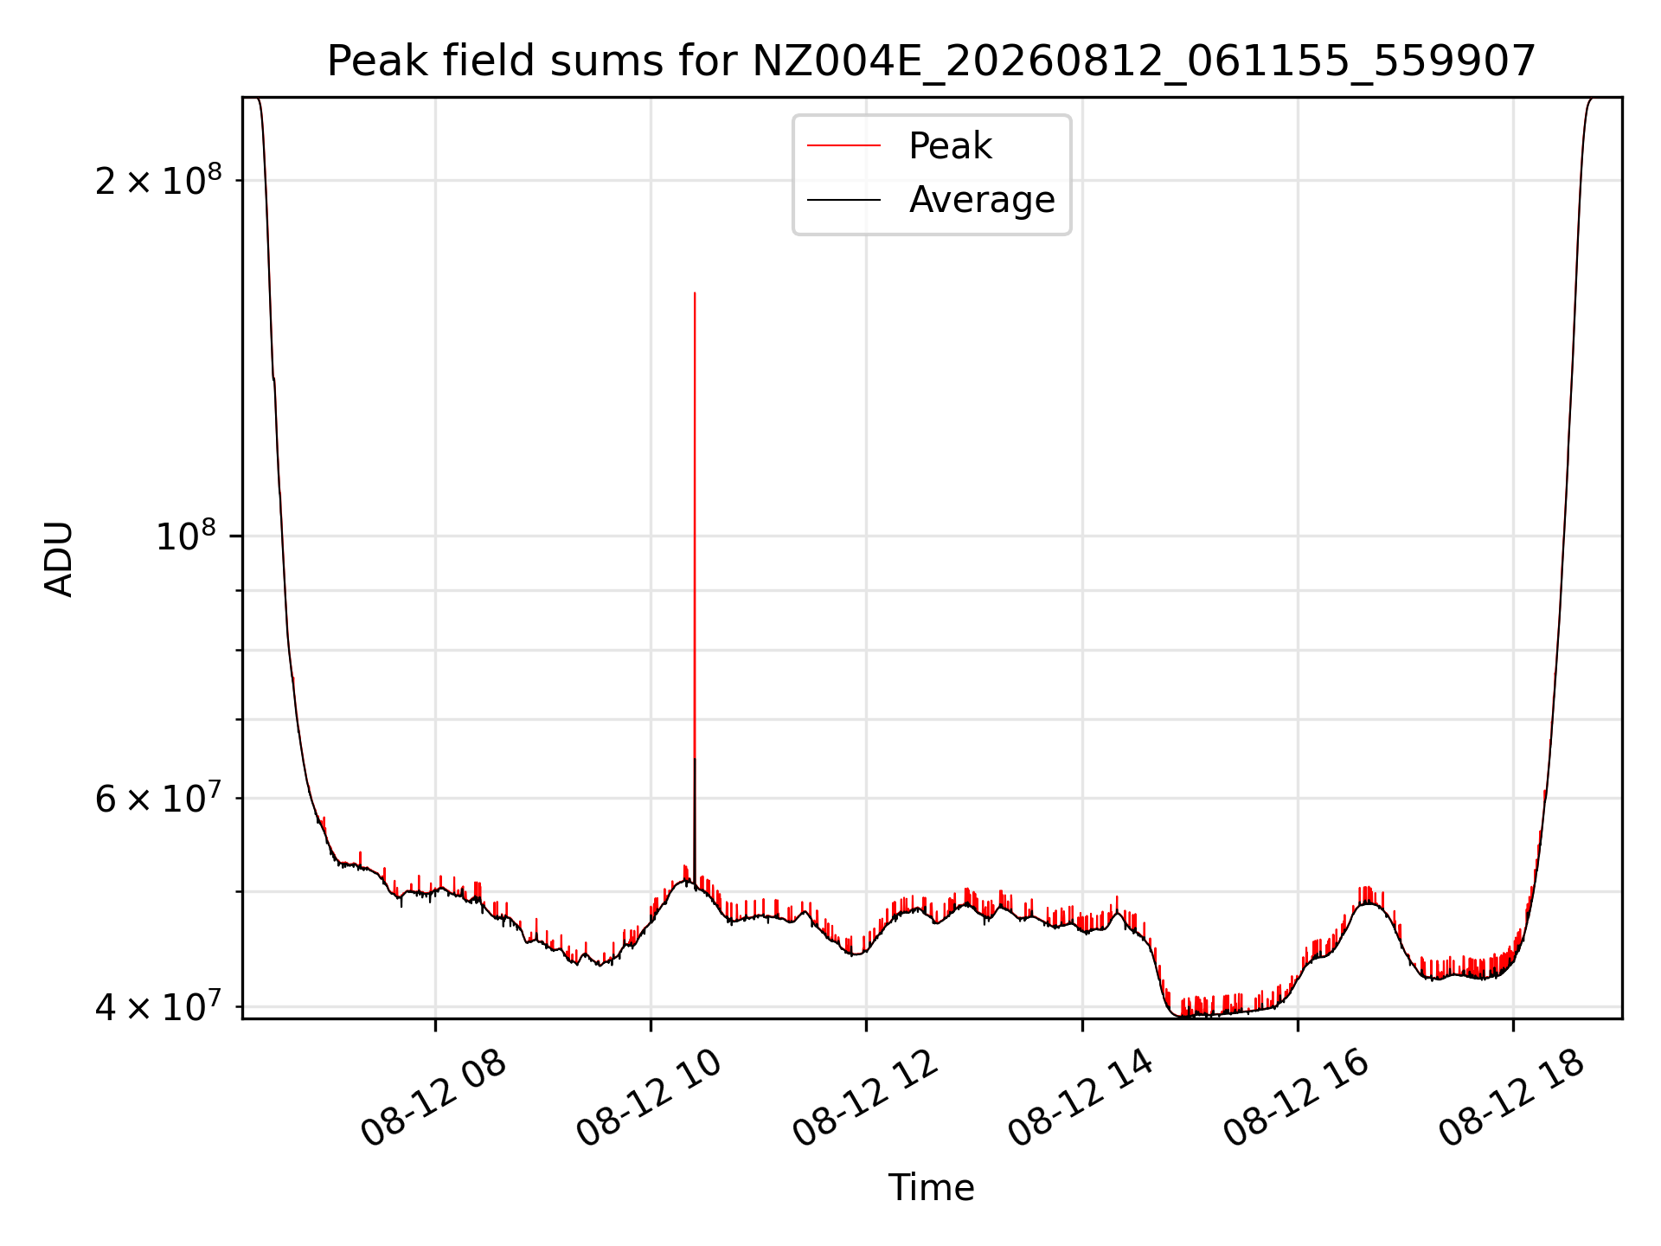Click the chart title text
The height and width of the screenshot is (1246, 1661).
(931, 61)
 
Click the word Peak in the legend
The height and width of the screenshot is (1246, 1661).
(950, 146)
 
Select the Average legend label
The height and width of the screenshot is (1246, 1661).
(982, 200)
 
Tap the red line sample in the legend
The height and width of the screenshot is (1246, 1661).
(843, 146)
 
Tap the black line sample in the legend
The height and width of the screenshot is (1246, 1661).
(843, 200)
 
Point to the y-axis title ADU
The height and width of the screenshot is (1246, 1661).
(59, 558)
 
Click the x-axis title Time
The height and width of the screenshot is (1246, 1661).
(931, 1188)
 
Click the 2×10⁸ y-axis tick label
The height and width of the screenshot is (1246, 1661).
(158, 179)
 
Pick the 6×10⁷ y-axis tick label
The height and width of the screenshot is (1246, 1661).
(158, 797)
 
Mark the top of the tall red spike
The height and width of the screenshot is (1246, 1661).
(695, 293)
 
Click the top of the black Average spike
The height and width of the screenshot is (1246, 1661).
(695, 759)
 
